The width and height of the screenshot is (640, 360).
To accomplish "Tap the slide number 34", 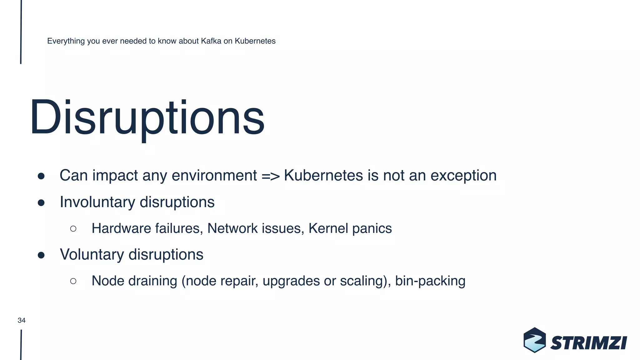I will click(x=22, y=320).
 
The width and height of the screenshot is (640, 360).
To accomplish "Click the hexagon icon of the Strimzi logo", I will click(x=535, y=340).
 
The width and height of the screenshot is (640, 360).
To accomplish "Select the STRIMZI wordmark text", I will click(x=588, y=343).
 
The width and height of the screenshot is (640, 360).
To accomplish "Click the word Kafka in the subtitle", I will click(x=211, y=41).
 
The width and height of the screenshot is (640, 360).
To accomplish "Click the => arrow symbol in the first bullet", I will click(x=270, y=176).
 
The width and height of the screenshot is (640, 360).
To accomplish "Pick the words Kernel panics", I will click(x=350, y=228).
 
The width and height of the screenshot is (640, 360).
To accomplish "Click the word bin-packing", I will click(x=430, y=281).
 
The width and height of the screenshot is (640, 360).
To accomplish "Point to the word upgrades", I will click(x=291, y=281).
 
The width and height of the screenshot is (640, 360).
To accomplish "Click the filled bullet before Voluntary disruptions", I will click(x=41, y=255).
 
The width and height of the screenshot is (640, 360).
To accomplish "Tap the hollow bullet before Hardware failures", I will click(x=73, y=229).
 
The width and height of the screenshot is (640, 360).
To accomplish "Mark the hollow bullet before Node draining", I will click(x=73, y=281).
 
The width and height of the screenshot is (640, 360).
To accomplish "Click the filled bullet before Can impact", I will click(x=41, y=176).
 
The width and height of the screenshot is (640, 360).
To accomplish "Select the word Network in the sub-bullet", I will click(x=231, y=228).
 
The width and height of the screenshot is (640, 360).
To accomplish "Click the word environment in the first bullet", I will click(x=214, y=176).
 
